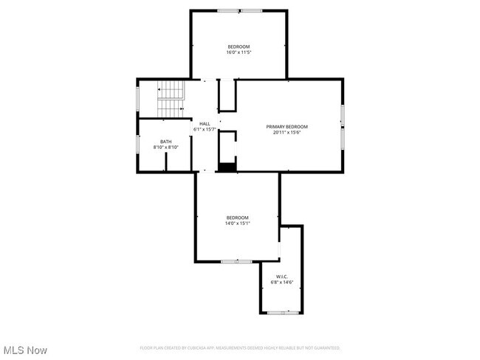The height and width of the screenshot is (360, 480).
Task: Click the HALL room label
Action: (205, 124)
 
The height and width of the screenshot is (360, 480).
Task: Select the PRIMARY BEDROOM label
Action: (287, 127)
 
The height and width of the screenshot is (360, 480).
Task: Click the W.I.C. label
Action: (281, 277)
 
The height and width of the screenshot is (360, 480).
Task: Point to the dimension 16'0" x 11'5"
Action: (238, 52)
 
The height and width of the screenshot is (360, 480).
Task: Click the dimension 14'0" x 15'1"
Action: (238, 223)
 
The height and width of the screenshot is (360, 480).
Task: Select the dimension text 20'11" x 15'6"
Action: (287, 133)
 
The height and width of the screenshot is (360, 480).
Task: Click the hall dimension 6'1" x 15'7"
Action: (205, 130)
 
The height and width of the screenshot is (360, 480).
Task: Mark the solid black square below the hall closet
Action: (227, 167)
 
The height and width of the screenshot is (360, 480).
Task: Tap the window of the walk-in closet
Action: (281, 313)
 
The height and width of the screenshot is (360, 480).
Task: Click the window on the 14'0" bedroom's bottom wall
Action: (236, 261)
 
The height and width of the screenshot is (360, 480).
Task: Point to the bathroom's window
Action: (137, 144)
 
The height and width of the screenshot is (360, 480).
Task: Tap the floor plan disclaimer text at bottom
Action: (239, 347)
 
